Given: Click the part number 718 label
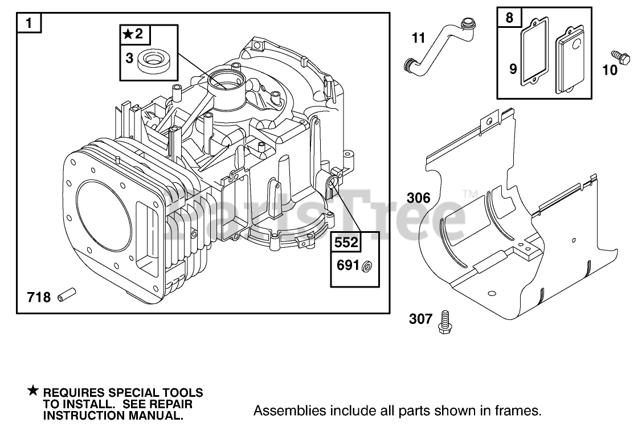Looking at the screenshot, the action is tap(39, 297).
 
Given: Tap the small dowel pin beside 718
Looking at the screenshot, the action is tap(67, 294).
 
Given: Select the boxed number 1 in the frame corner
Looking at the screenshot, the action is tap(28, 23).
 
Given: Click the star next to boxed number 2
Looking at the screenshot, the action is tap(128, 34).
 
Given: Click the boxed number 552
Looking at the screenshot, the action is tap(346, 243).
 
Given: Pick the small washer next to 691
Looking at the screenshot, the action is tap(367, 266).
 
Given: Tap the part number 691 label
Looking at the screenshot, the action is tap(347, 265).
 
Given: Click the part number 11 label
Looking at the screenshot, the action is tap(419, 38).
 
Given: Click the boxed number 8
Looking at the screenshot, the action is tap(509, 18).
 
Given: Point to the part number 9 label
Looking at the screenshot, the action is tap(513, 69).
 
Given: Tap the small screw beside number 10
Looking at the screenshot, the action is tap(620, 58).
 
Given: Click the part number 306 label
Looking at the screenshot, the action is tap(419, 198).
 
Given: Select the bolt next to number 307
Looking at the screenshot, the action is tap(444, 322).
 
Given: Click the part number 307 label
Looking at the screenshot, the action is tap(420, 318).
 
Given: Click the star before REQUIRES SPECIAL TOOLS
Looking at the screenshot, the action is tap(33, 391).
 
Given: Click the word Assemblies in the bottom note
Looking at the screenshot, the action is tap(290, 410).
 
